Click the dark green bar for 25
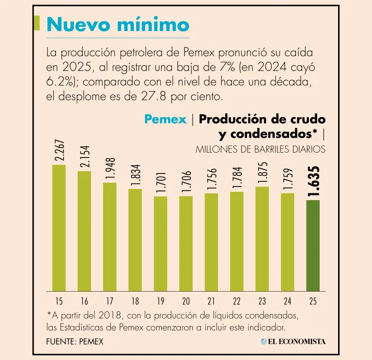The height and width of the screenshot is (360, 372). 313,245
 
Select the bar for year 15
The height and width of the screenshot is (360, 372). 59,228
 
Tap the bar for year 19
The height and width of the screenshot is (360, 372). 160,243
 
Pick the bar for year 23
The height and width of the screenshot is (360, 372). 262,238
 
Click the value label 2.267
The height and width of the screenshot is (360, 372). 59,152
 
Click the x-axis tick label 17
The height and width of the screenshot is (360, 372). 110,301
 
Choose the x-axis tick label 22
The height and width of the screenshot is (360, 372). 237,301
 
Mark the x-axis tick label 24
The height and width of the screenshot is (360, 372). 287,301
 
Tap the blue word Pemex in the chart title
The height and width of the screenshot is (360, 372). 165,119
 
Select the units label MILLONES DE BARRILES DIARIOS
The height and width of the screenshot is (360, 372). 260,150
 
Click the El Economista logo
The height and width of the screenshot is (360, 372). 293,342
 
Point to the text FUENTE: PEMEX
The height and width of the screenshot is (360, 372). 75,342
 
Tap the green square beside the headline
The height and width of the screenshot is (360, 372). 37,22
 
